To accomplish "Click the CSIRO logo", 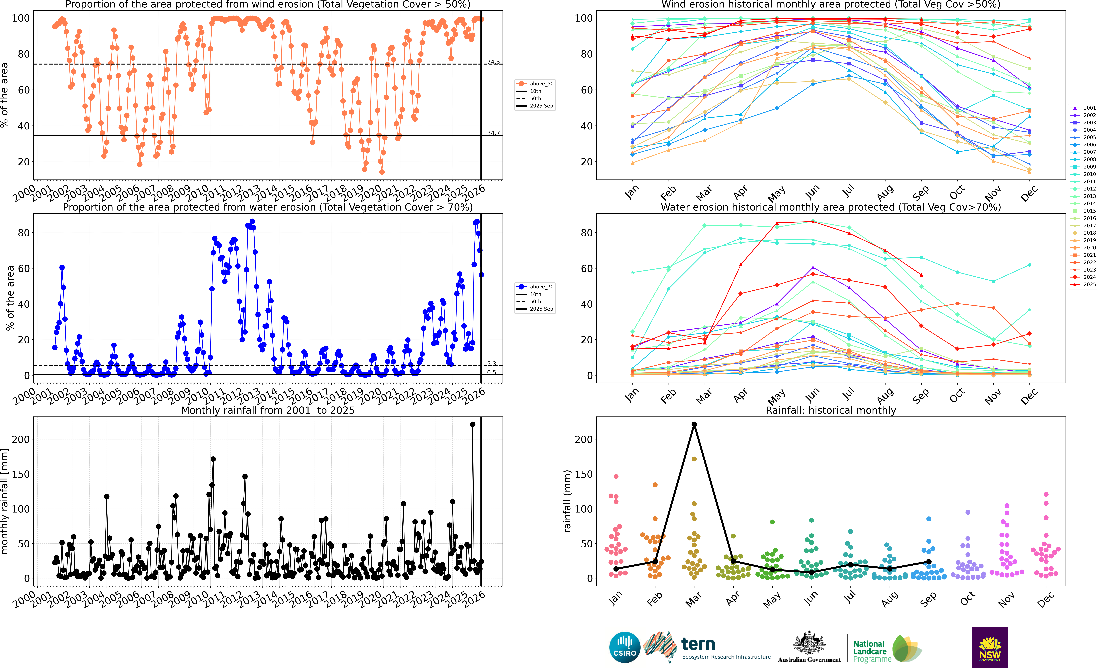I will pos(625,647).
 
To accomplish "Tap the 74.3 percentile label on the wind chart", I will pos(493,62).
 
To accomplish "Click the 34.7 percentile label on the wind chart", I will pos(493,133).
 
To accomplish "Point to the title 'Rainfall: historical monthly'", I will pos(831,410).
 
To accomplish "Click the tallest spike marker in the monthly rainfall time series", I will pos(473,424).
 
